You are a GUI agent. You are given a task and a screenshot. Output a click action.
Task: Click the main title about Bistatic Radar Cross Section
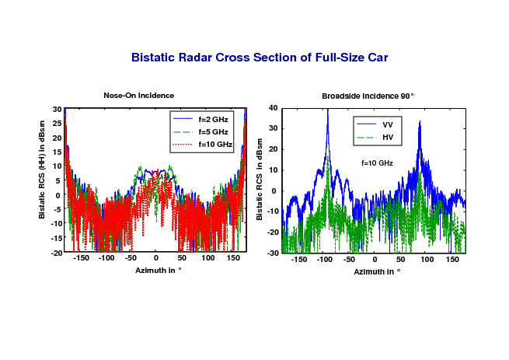point(260,58)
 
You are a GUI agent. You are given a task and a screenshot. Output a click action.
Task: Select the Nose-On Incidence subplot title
point(138,96)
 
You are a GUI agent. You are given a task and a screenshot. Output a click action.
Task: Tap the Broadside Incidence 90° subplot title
point(368,96)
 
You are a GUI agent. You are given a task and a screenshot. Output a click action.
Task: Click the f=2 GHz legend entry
point(200,119)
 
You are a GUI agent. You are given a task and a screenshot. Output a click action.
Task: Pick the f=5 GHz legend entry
point(200,131)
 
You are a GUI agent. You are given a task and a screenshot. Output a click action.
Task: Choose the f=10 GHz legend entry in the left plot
point(203,144)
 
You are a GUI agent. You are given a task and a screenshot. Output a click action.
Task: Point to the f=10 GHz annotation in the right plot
point(377,163)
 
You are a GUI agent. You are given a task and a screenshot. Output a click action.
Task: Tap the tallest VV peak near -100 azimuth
point(328,110)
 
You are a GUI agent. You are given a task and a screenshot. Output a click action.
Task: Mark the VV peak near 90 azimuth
point(420,122)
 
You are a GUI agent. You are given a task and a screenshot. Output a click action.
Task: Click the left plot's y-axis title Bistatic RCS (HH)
point(41,170)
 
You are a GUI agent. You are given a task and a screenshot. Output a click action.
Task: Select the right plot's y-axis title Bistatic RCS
point(259,180)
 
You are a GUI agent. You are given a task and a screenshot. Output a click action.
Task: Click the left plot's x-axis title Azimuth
point(158,271)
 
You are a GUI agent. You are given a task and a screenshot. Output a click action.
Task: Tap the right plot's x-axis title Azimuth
point(377,271)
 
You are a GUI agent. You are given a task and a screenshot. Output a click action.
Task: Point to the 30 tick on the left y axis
point(58,110)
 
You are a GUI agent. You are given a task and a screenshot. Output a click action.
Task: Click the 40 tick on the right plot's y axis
point(274,108)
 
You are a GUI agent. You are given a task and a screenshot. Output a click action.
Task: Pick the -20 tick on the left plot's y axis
point(56,253)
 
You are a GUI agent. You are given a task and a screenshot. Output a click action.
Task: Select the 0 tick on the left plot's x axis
point(156,258)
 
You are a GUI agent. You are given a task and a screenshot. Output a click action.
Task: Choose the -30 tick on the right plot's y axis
point(273,253)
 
